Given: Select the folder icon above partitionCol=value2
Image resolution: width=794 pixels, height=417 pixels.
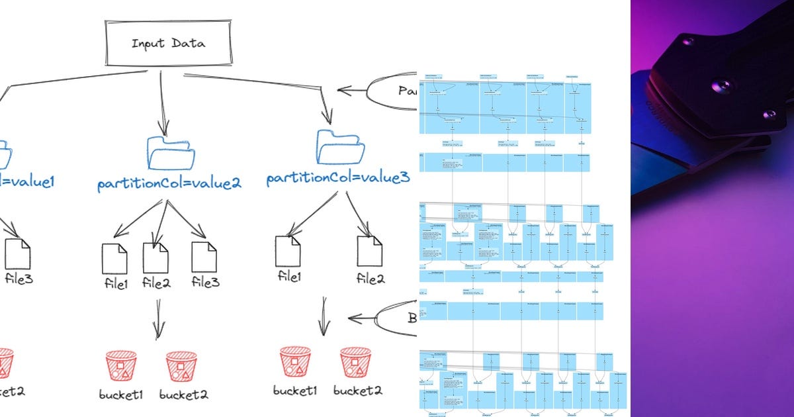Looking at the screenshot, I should point(171,154).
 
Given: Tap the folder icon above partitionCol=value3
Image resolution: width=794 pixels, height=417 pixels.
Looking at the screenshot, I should point(341,147).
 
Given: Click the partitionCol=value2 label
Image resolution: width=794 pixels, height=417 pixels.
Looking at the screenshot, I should point(169,183).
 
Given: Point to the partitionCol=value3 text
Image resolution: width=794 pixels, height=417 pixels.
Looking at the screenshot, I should point(337,179).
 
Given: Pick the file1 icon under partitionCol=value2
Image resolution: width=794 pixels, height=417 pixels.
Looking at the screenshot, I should point(114,258).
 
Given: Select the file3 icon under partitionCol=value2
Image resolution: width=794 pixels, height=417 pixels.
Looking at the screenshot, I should point(204,257).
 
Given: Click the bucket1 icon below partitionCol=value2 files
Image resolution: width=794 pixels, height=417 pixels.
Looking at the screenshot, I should point(121,366).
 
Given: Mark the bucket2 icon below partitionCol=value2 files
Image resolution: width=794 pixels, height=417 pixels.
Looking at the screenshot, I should point(181,366).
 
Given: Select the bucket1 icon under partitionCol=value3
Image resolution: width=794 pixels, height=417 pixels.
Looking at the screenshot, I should point(295,361).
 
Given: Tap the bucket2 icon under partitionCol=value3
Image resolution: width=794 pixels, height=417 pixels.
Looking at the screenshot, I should point(355,361).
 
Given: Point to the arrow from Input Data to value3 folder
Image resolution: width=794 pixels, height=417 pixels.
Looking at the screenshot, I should point(265,89).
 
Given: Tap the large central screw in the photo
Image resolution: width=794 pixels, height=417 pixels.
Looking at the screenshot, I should point(722,85).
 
